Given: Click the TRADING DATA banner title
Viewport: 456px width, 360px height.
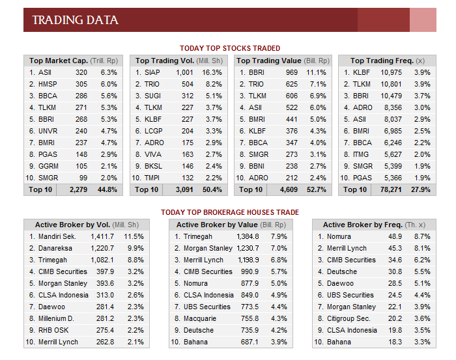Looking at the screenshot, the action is click(75, 20).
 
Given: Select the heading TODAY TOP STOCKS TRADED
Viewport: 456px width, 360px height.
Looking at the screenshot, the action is click(230, 48).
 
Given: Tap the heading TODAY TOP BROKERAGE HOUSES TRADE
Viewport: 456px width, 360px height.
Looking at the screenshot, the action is click(230, 212).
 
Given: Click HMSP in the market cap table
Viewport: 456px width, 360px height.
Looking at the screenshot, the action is click(48, 84).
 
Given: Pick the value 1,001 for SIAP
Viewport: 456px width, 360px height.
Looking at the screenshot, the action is click(184, 72).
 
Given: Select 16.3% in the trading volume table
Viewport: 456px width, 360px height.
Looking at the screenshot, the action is click(212, 72).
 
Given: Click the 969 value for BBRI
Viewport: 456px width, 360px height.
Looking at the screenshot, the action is click(291, 72).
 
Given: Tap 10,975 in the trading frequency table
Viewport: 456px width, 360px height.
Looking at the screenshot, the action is click(391, 72).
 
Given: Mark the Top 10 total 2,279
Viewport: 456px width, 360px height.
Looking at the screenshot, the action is click(79, 189).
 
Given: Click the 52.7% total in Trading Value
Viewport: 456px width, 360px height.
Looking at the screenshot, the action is click(317, 189).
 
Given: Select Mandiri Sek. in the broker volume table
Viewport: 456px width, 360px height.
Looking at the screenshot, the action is click(57, 236).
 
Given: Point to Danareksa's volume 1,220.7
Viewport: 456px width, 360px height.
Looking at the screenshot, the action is click(102, 249).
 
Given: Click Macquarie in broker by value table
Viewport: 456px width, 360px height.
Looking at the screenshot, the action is click(200, 319).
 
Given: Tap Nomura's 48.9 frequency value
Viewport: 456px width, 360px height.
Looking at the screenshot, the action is click(395, 236).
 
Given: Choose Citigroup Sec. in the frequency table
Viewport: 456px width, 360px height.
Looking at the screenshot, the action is click(349, 319).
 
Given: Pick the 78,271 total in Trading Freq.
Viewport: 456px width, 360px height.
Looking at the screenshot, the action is click(391, 189).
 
